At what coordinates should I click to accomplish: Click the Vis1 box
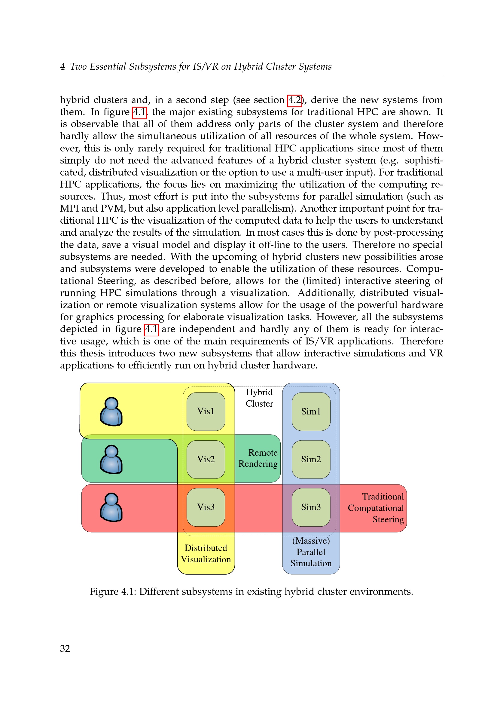point(206,411)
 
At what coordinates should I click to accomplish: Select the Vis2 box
point(206,459)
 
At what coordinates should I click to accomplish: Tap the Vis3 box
point(206,507)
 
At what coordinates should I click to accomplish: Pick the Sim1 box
point(311,411)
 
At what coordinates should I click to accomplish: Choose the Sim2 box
point(311,459)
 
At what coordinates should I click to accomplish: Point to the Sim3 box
point(311,507)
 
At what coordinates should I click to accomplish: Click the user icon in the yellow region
point(111,411)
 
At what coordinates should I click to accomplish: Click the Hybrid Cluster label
point(259,398)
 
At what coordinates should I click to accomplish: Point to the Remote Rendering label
point(258,458)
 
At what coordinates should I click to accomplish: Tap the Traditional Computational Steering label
point(376,508)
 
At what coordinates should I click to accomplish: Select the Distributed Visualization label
point(206,554)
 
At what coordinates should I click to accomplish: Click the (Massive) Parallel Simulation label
point(311,552)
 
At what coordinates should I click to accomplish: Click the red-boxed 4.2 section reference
point(295,100)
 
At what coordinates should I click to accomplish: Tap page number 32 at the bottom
point(65,648)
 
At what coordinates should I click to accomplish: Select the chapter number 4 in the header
point(63,66)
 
